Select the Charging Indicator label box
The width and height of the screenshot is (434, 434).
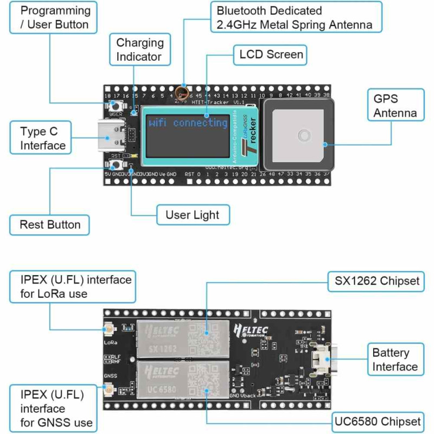pyautogui.click(x=140, y=49)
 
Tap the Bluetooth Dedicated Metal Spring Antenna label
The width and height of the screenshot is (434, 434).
pyautogui.click(x=295, y=18)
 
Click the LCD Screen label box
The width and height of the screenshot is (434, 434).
pyautogui.click(x=271, y=55)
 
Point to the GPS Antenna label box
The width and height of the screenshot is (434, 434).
pyautogui.click(x=395, y=106)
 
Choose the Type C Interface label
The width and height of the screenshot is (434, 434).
pyautogui.click(x=43, y=138)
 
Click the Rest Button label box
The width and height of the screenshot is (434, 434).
pyautogui.click(x=50, y=225)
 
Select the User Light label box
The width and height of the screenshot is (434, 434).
pyautogui.click(x=193, y=215)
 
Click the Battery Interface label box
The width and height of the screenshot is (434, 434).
pyautogui.click(x=395, y=360)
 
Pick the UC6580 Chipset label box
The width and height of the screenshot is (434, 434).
pyautogui.click(x=377, y=421)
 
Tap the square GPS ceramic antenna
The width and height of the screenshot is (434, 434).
pyautogui.click(x=300, y=134)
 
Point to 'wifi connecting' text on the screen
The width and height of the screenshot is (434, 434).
pyautogui.click(x=188, y=123)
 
